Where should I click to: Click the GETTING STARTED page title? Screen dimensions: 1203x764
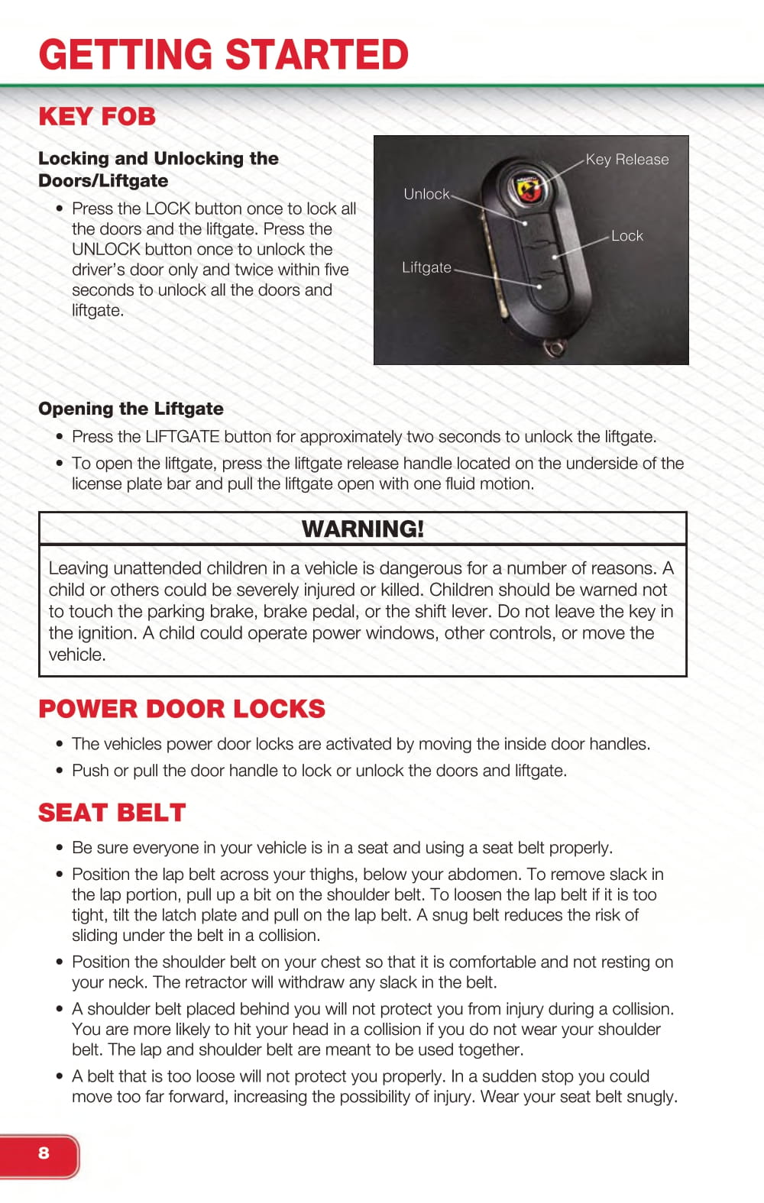[x=224, y=54]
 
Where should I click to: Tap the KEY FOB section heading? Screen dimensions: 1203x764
[x=97, y=117]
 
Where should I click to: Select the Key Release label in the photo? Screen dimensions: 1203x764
[x=627, y=160]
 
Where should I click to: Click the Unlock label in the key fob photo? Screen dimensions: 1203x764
[x=426, y=194]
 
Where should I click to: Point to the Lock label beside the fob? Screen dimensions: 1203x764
[x=627, y=236]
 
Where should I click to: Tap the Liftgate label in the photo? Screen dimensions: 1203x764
[x=426, y=267]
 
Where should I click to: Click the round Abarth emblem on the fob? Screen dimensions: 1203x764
[x=527, y=186]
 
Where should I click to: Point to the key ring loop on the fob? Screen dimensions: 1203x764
[x=554, y=348]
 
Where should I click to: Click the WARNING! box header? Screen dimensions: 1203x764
[x=363, y=529]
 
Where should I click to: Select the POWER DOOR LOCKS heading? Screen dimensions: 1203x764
[x=182, y=709]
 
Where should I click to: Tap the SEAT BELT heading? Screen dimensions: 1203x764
[x=112, y=813]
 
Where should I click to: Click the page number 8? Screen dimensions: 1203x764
[x=44, y=1153]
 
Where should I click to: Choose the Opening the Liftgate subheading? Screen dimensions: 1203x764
[x=131, y=409]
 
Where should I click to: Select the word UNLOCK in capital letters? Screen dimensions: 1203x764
[x=106, y=249]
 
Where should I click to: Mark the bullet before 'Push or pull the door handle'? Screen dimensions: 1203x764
[x=60, y=771]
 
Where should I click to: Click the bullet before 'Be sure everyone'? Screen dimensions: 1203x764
[x=60, y=848]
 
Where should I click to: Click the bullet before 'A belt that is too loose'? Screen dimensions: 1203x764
[x=60, y=1077]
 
